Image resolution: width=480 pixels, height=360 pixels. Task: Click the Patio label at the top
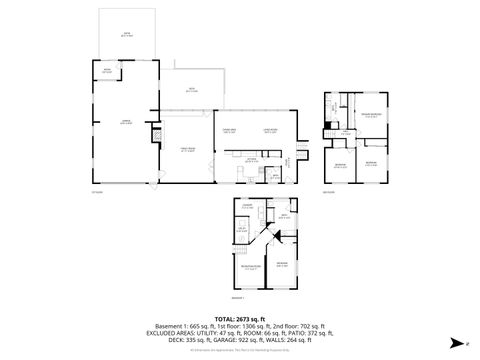tap(126, 34)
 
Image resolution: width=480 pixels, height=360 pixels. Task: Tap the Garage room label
tap(127, 121)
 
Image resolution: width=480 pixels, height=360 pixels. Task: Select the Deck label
tap(192, 91)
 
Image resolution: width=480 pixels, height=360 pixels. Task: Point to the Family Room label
tap(187, 149)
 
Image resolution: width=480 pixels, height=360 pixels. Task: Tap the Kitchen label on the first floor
tap(253, 159)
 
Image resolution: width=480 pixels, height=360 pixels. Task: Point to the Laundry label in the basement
tap(245, 207)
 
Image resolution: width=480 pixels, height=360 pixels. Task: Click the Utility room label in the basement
tap(243, 229)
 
